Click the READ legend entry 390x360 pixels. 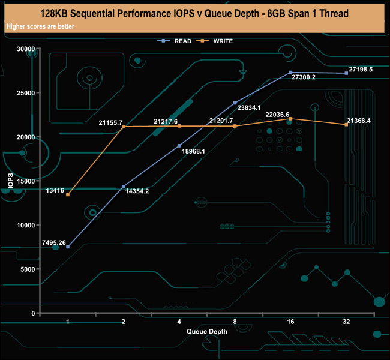point(182,41)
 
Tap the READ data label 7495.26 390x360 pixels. point(54,242)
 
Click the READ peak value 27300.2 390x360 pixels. point(304,77)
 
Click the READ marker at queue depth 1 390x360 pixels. point(68,247)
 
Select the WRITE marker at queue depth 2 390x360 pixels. point(124,127)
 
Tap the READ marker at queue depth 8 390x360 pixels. point(235,103)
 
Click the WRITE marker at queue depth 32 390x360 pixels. point(346,125)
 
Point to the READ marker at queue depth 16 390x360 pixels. point(290,73)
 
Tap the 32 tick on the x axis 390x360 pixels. point(346,322)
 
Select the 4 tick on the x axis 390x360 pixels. point(179,322)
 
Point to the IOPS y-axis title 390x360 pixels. point(10,181)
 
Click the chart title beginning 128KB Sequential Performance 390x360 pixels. point(195,13)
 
